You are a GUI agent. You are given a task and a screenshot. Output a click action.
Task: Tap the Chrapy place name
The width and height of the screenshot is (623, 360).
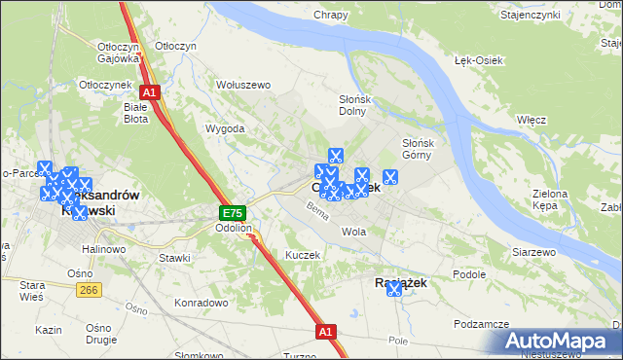pos(332,15)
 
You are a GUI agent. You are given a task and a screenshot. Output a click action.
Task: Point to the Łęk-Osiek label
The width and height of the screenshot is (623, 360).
pos(478,60)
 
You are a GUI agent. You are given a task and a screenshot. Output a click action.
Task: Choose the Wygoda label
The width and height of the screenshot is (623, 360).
pos(224,128)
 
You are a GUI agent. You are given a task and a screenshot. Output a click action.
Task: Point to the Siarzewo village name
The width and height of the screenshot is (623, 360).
pos(533,251)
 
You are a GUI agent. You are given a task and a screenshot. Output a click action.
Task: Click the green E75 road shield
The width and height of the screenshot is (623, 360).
pos(232,212)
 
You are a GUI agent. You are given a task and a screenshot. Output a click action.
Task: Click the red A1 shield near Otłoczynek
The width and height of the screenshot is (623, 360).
pos(154,91)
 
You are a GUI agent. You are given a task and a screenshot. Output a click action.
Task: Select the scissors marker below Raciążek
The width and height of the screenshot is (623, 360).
pos(394,289)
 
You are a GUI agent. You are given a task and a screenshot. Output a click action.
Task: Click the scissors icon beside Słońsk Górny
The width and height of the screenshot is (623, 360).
pos(390,177)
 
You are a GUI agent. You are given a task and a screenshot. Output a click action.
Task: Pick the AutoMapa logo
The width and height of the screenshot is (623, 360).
pos(562,342)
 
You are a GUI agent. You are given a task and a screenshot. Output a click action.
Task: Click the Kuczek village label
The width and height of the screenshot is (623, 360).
pos(302,254)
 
